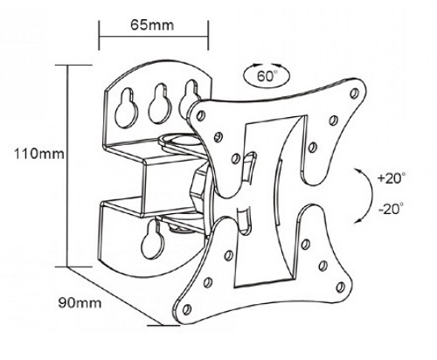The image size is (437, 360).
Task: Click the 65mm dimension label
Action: pyautogui.click(x=152, y=25)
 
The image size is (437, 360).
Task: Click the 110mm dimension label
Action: pyautogui.click(x=39, y=153)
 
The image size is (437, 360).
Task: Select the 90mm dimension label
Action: pyautogui.click(x=80, y=303)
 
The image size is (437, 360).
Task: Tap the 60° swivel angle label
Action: pyautogui.click(x=267, y=76)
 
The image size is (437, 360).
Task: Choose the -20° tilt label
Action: pyautogui.click(x=392, y=209)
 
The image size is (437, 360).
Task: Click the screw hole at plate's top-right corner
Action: pyautogui.click(x=355, y=93)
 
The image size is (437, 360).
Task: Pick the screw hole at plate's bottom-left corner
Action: pyautogui.click(x=187, y=309)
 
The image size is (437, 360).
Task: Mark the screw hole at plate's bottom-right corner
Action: pyautogui.click(x=340, y=287)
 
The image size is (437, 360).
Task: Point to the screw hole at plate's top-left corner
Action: pyautogui.click(x=200, y=115)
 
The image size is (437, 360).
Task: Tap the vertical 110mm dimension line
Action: pyautogui.click(x=67, y=165)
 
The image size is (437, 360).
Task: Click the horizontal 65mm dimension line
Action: pyautogui.click(x=154, y=37)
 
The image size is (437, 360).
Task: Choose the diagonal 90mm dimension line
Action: pyautogui.click(x=114, y=296)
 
